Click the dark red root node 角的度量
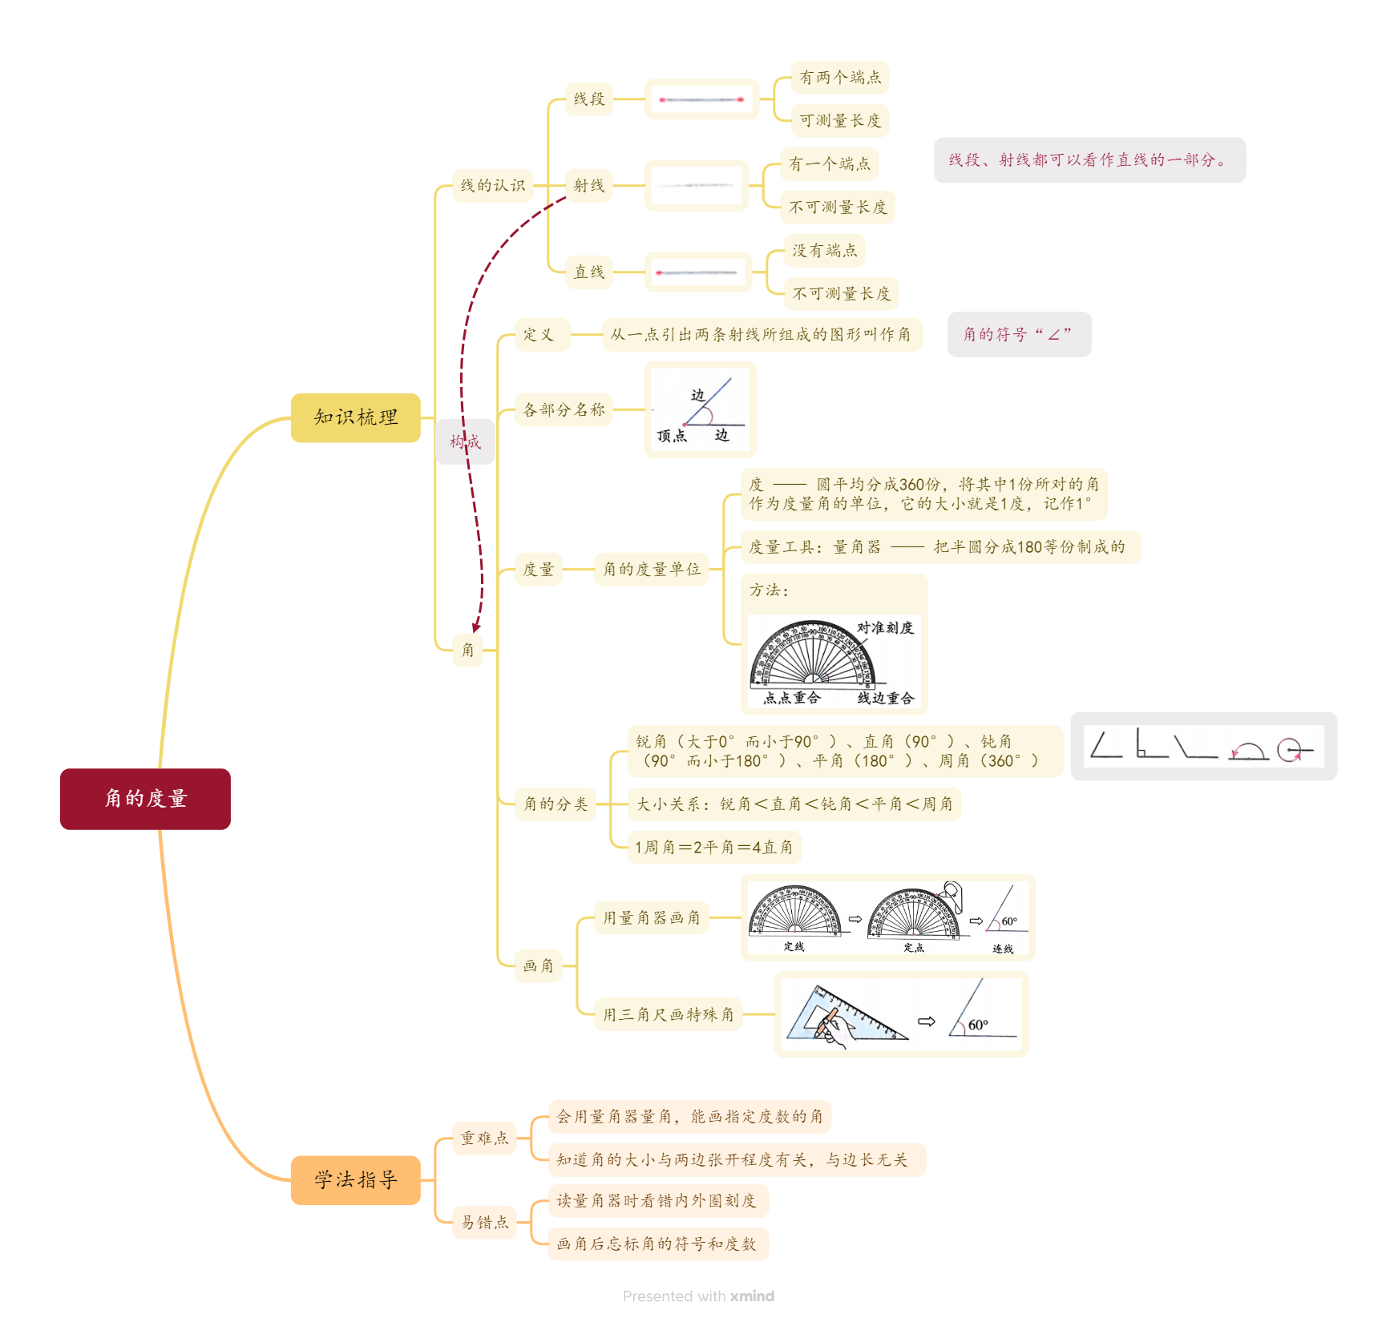(145, 799)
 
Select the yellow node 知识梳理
(355, 417)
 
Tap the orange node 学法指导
(355, 1180)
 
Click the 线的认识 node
(492, 186)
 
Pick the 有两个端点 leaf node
(839, 78)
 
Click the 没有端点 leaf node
(824, 251)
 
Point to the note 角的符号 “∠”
(1018, 335)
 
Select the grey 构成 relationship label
(465, 441)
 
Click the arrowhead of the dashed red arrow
(476, 627)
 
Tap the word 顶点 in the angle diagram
(672, 436)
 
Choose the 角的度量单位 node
(651, 570)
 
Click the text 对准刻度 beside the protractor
(885, 627)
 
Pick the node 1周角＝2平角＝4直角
(713, 848)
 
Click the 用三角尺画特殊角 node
(668, 1015)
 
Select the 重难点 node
(484, 1139)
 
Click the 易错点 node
(484, 1223)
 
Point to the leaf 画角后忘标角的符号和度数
(657, 1244)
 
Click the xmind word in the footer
(752, 1296)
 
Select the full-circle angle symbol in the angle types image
(1292, 750)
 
